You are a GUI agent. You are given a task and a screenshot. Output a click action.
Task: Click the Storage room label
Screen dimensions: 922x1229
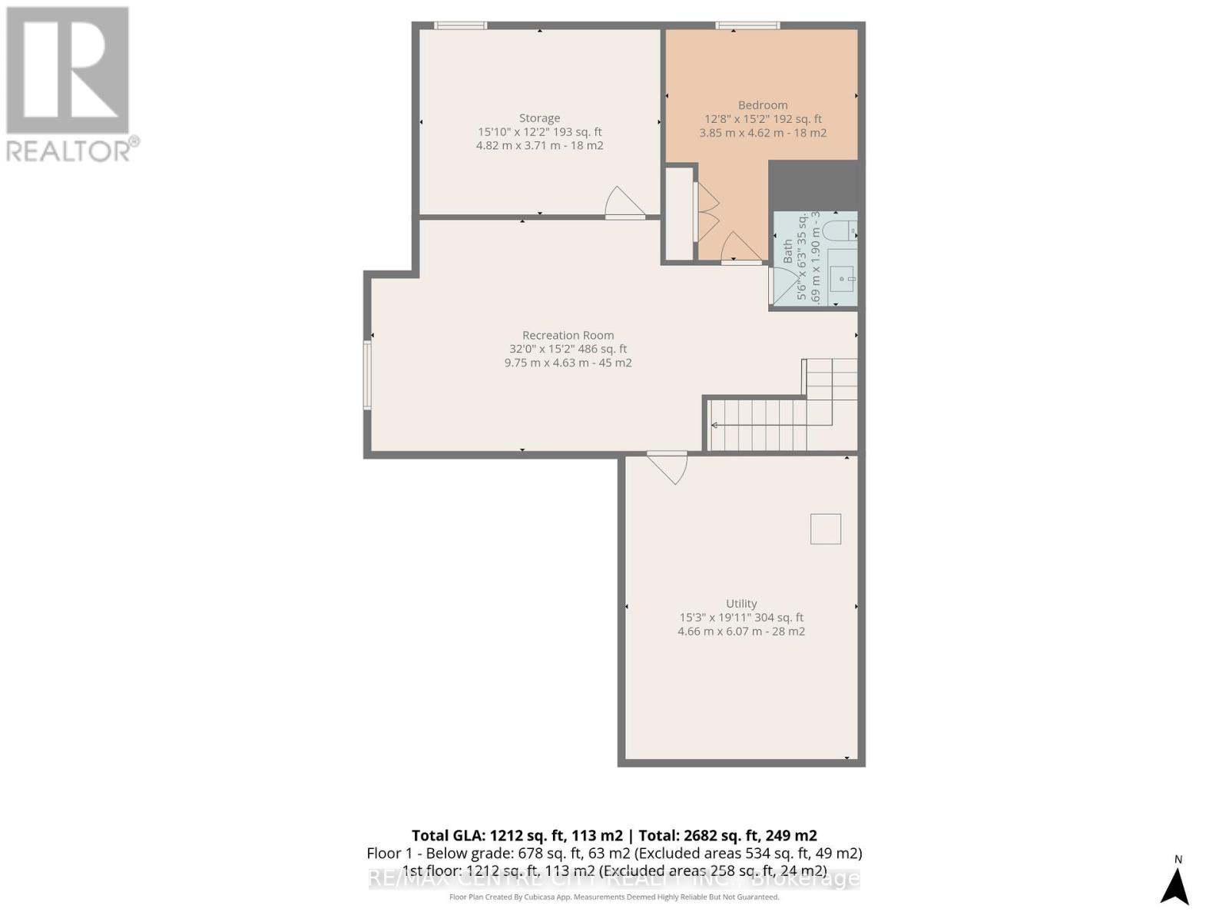click(539, 118)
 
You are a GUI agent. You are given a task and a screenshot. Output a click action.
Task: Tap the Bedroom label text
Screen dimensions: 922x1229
click(763, 105)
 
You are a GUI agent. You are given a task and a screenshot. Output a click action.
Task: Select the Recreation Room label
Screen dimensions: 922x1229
click(568, 335)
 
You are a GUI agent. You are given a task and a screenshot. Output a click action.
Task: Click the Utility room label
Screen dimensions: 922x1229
click(741, 604)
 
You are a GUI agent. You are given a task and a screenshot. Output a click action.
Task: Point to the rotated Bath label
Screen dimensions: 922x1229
click(788, 251)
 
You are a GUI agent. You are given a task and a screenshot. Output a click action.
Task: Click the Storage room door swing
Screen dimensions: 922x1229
click(624, 203)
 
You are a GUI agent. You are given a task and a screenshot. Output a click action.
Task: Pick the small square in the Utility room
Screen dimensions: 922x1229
click(826, 529)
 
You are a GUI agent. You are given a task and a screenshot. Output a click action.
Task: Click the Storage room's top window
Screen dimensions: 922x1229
click(460, 25)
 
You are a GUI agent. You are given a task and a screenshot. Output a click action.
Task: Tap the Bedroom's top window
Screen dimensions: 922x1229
click(747, 25)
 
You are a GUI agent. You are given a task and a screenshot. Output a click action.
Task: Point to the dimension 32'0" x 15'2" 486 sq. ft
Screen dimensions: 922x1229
click(568, 349)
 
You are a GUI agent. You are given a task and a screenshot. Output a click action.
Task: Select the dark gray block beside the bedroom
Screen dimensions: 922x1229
click(813, 184)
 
